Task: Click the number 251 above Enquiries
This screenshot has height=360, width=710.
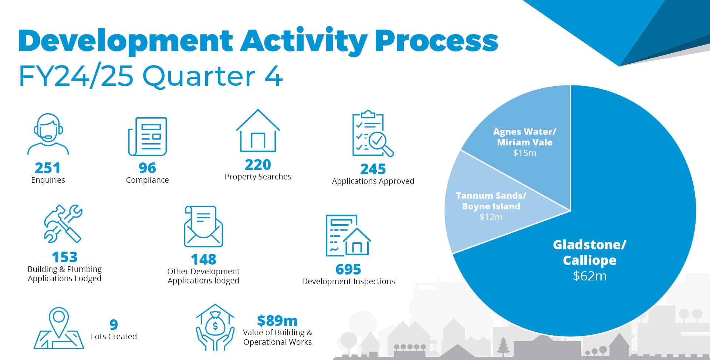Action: coord(47,168)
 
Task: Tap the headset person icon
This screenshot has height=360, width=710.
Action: coord(48,134)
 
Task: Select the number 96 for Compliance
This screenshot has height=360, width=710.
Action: coord(147,168)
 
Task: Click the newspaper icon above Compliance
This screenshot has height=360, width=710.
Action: coord(148,137)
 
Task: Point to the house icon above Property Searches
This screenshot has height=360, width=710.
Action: coord(258,131)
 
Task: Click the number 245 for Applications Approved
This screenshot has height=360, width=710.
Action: coord(373,169)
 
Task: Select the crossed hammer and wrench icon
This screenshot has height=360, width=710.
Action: coord(63,223)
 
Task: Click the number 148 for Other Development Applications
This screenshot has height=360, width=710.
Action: coord(203,259)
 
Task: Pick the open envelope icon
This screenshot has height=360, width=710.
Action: coord(203,226)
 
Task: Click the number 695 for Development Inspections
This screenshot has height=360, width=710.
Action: coord(348,269)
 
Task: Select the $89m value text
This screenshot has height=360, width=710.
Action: coord(277,320)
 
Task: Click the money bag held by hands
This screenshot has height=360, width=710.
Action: coord(215,324)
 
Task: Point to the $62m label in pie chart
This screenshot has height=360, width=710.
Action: coord(589,276)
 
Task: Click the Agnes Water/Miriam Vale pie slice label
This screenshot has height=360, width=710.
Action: coord(524,137)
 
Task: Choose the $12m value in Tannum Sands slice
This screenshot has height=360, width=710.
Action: coord(491,217)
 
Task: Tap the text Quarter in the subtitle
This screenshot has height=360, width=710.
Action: coord(199,76)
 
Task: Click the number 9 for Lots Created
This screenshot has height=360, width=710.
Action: coord(114,324)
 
